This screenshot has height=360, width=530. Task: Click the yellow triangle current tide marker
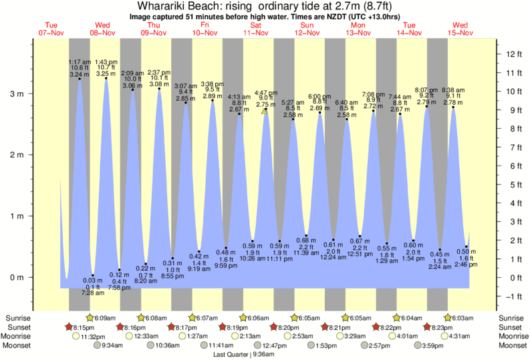(x=265, y=111)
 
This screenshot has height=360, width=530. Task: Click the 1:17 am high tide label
(x=80, y=61)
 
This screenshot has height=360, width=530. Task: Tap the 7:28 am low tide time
(x=92, y=293)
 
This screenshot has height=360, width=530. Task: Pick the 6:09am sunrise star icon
(x=91, y=318)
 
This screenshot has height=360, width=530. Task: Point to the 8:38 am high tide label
(x=453, y=89)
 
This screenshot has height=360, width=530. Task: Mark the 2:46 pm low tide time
(x=467, y=265)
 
